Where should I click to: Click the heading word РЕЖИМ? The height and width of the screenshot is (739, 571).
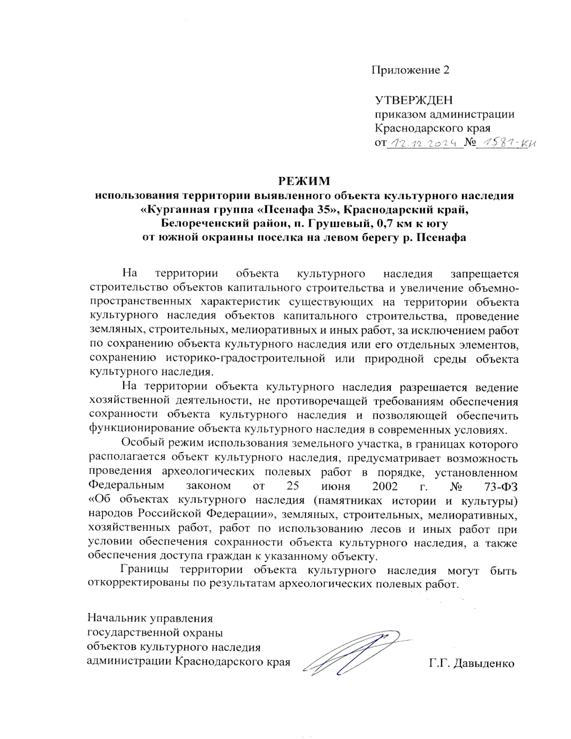point(304,181)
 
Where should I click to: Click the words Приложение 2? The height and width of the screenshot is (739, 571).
point(410,70)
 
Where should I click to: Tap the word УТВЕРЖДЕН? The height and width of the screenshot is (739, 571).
point(413,100)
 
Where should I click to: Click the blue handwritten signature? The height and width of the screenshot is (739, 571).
point(357,652)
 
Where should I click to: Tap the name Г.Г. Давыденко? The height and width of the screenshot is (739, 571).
point(471,663)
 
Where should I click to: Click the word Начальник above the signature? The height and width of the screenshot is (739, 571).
point(117,619)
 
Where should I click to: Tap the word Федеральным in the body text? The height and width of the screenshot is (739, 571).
point(126,486)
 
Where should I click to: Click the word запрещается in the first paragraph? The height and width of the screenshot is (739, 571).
point(484,274)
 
